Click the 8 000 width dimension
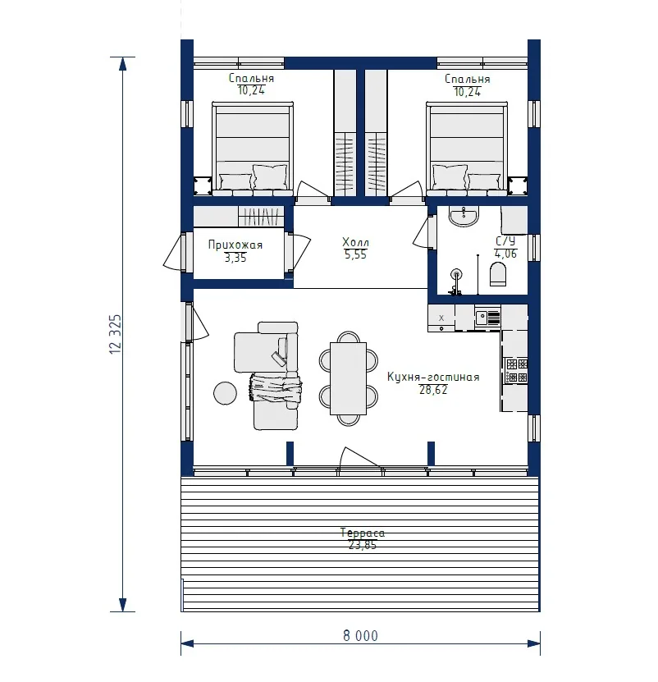click(360, 635)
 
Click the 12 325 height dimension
click(115, 334)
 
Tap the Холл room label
click(355, 242)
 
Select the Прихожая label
click(235, 245)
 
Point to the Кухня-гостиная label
click(433, 377)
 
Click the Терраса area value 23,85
click(363, 545)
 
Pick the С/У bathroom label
click(505, 241)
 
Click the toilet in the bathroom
click(498, 273)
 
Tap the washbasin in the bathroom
click(464, 216)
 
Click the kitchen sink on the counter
click(487, 318)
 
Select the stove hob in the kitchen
click(517, 371)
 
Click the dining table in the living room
click(348, 378)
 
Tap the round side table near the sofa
click(226, 393)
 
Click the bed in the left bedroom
click(252, 149)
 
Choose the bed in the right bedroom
click(467, 149)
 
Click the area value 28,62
click(433, 390)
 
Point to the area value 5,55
click(355, 255)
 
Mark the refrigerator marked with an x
click(441, 318)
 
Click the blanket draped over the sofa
click(276, 388)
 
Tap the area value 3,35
click(235, 258)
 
